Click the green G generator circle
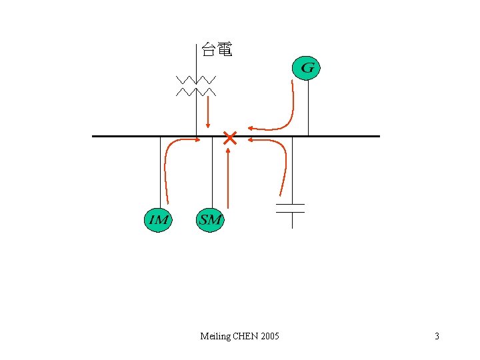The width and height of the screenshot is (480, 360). point(307,67)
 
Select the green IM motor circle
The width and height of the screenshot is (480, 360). point(158,219)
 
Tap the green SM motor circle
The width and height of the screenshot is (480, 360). point(210,219)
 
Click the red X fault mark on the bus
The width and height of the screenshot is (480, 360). point(229,139)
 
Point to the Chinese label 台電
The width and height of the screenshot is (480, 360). point(217,50)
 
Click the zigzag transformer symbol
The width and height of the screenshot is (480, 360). point(196,86)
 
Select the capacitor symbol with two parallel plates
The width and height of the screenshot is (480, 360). point(291,208)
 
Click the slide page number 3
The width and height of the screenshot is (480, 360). point(437,336)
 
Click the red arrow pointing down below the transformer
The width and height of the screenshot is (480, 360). point(209,111)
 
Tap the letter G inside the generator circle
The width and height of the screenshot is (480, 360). point(307,67)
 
